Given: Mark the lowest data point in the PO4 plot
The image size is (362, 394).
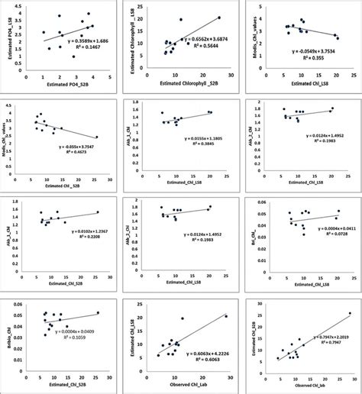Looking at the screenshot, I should (73, 57).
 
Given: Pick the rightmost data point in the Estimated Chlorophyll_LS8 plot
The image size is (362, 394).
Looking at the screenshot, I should (218, 18).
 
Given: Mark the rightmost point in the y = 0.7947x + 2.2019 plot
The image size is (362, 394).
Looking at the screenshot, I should (350, 313).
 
